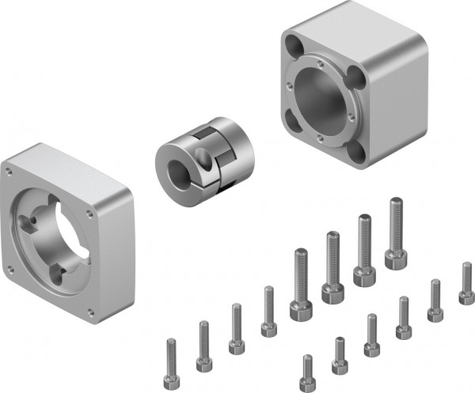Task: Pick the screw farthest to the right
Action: click(x=466, y=283)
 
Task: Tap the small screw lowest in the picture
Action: click(x=307, y=372)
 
